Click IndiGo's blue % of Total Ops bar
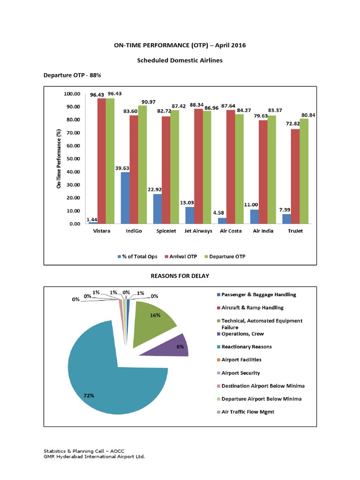click(x=126, y=198)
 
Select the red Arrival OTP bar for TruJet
click(x=295, y=176)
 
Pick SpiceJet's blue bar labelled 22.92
click(x=158, y=209)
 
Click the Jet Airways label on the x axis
click(x=198, y=231)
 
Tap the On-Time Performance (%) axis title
click(x=60, y=159)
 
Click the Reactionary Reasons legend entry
click(x=246, y=347)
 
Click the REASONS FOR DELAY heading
click(x=180, y=276)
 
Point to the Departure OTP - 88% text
click(x=72, y=75)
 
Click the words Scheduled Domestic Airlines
click(x=180, y=60)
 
